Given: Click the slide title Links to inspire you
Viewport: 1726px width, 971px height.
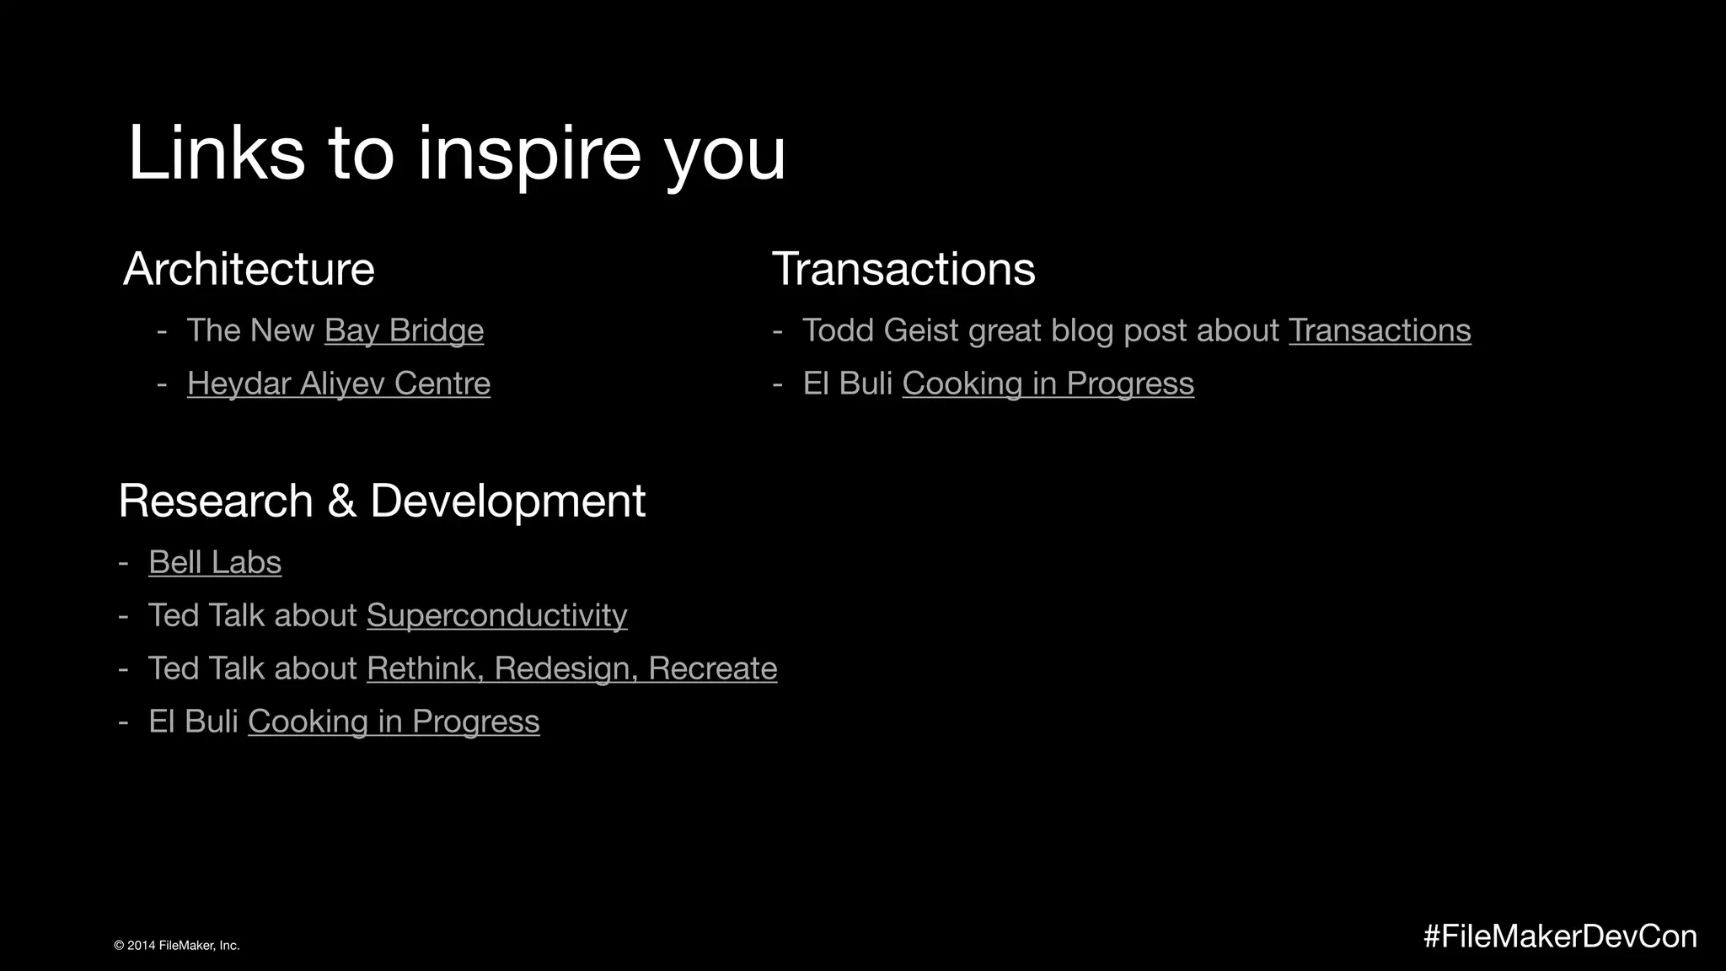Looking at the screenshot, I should coord(456,153).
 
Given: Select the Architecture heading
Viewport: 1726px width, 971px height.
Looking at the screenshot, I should coord(249,269).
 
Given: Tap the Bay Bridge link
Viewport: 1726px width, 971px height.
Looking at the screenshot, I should coord(404,330).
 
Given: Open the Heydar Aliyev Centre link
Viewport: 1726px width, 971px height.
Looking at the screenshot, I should coord(338,384).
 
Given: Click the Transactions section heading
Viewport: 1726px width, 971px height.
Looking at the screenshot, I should coord(903,269).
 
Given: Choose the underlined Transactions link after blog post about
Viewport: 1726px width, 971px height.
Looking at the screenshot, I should coord(1379,330).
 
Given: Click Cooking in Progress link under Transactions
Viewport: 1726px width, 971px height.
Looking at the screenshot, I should coord(1048,384).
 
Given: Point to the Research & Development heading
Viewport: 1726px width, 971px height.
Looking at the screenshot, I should coord(382,501).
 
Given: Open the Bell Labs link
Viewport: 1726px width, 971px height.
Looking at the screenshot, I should coord(215,562).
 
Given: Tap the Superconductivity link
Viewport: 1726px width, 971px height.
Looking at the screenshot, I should coord(496,615).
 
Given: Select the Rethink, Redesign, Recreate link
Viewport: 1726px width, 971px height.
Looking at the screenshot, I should coord(571,668).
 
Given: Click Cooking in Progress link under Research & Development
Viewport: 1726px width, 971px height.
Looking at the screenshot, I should coord(394,722).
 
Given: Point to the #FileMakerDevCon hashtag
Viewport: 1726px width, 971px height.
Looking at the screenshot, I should coord(1559,936).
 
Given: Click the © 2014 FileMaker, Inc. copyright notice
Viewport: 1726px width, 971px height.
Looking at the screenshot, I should coord(177,946).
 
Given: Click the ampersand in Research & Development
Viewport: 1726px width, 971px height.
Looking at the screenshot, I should coord(340,501).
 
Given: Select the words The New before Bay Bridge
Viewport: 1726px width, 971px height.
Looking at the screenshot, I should coord(250,330).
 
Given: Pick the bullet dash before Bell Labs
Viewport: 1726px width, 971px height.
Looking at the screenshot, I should coord(124,563).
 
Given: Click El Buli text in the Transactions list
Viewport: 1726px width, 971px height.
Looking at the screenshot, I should coord(847,384).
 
